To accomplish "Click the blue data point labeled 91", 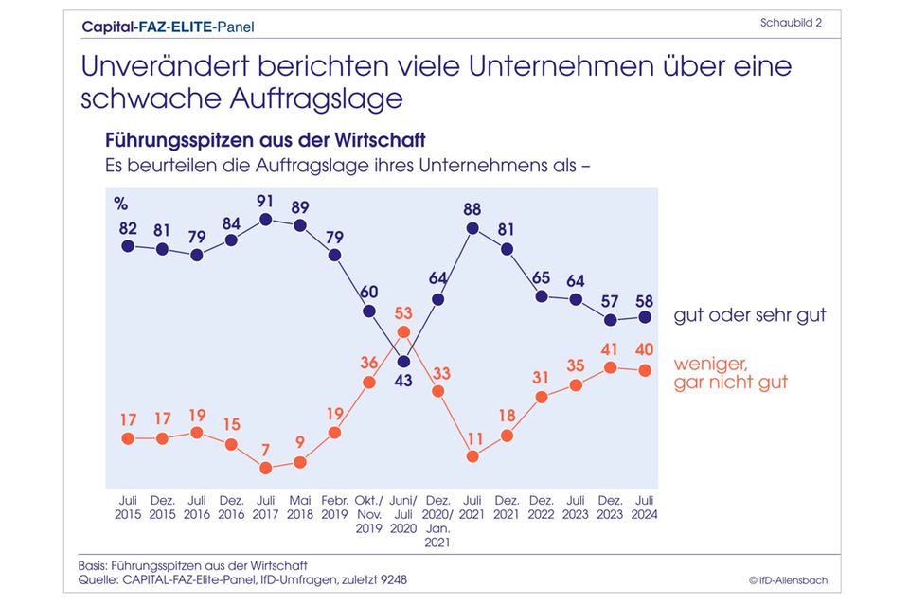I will point(266,220).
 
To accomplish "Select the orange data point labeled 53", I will point(403,331).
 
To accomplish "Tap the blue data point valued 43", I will point(403,361).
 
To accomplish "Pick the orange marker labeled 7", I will point(266,468).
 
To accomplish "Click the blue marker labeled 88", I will point(472,227).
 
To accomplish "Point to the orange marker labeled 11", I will point(472,455).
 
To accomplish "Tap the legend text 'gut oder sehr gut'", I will point(750,315).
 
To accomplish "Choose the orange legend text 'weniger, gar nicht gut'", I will point(731,373).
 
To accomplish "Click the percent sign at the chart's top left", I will point(120,203).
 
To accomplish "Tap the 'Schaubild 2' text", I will point(791,22).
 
